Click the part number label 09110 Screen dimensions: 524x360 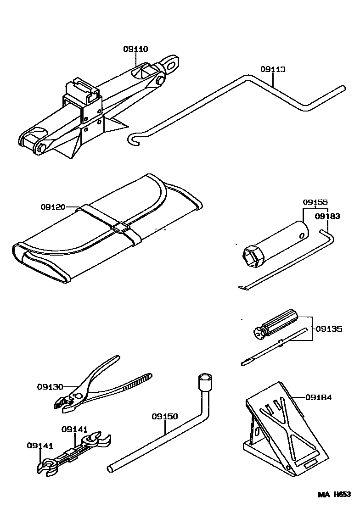[x=135, y=49]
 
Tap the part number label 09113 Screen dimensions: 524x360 [x=273, y=69]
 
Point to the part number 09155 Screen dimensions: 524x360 [x=315, y=201]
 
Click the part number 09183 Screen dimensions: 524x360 [x=327, y=216]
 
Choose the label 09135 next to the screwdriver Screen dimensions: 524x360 [x=329, y=329]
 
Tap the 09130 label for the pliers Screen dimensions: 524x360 [x=50, y=386]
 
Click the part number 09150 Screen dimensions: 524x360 [x=164, y=417]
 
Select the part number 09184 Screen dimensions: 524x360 [x=318, y=397]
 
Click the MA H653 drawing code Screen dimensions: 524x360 [x=335, y=494]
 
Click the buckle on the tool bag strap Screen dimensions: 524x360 [x=122, y=227]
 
